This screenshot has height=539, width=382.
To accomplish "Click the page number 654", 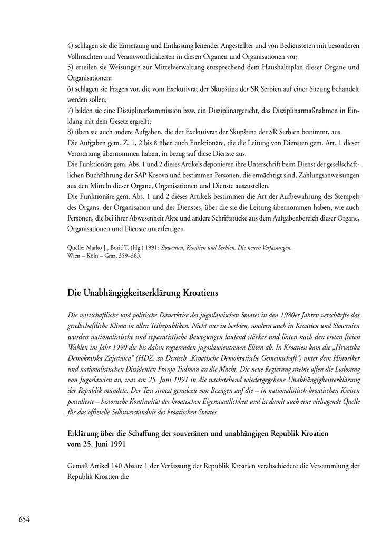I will tap(24, 520).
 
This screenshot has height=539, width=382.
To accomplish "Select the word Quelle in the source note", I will tap(77, 247).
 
